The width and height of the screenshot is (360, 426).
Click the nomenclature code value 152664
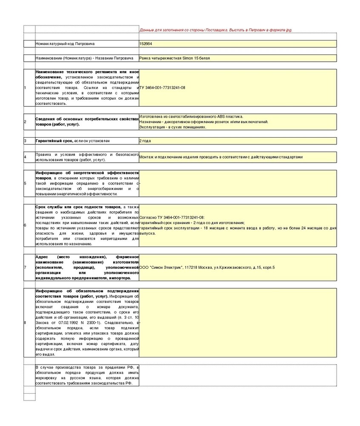click(x=146, y=43)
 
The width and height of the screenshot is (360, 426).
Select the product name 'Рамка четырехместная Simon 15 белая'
click(x=174, y=58)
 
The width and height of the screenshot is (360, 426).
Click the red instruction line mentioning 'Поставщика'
click(x=216, y=30)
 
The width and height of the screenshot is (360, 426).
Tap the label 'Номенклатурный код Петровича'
click(x=66, y=43)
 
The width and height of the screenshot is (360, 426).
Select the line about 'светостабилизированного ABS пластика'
click(x=191, y=116)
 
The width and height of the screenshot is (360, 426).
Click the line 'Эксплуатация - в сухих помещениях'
click(x=173, y=127)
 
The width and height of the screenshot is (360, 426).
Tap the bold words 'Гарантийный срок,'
click(x=54, y=141)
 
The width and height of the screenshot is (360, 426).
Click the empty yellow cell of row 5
click(x=237, y=183)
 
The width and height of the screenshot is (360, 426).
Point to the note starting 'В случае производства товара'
click(x=87, y=375)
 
